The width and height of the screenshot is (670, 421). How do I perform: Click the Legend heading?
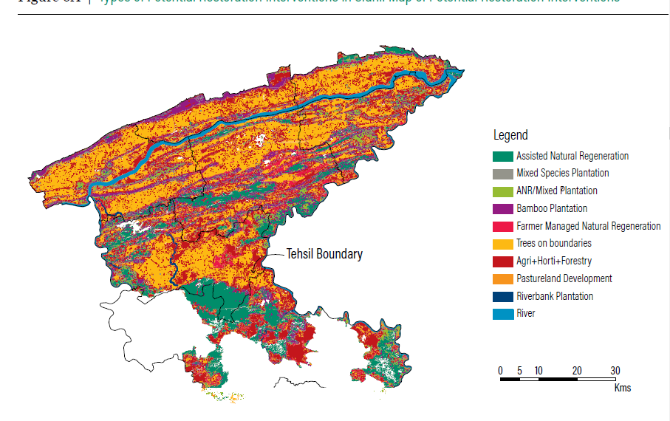[x=510, y=135]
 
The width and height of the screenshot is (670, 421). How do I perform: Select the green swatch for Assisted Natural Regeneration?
[x=502, y=156]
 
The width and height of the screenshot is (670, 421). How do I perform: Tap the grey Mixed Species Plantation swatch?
[x=502, y=174]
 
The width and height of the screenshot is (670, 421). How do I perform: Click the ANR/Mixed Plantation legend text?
[x=556, y=191]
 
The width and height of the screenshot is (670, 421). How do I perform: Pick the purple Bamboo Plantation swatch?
[x=502, y=208]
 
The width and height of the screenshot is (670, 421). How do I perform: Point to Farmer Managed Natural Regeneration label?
[x=588, y=226]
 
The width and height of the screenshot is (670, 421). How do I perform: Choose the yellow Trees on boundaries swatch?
[x=502, y=244]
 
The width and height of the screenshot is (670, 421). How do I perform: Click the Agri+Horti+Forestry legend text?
[x=553, y=261]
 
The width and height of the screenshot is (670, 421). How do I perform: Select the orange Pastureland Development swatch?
[x=502, y=278]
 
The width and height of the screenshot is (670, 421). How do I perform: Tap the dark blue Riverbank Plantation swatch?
[x=502, y=296]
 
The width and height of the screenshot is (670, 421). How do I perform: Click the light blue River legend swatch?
[x=502, y=314]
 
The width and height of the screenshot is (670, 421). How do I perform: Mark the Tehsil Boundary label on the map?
[x=324, y=254]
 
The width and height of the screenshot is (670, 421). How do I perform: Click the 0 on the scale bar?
[x=500, y=370]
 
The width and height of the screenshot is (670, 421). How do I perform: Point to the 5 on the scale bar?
[x=519, y=370]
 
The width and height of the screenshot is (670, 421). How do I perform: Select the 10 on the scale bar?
[x=539, y=370]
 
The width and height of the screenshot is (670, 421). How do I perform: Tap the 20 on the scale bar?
[x=577, y=370]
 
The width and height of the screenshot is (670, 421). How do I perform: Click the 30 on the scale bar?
[x=615, y=370]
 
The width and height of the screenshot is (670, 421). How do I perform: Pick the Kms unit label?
[x=622, y=388]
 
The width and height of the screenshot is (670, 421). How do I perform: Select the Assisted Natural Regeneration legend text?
[x=572, y=156]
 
